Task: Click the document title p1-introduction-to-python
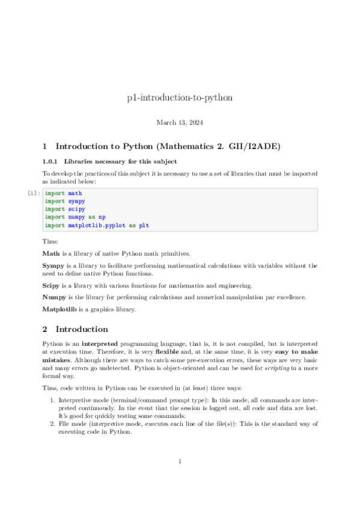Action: pos(180,97)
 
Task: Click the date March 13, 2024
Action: pos(180,123)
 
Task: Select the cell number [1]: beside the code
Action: pos(34,194)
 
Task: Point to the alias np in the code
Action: pos(102,217)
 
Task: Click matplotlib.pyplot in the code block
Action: pos(96,225)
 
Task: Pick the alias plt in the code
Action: pos(144,225)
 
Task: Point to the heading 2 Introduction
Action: pos(75,329)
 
